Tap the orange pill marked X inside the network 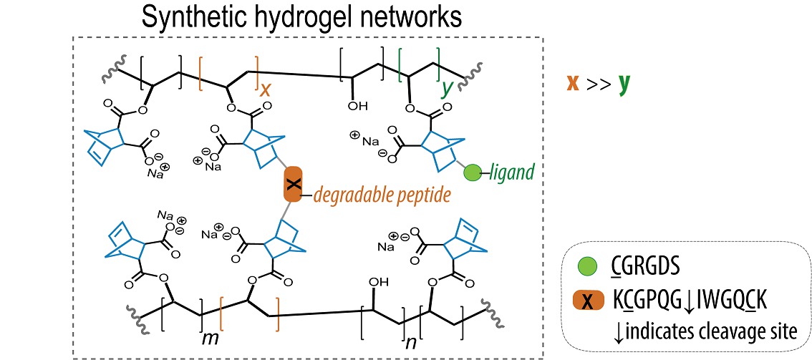[x=292, y=185]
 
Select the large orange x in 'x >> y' [x=573, y=82]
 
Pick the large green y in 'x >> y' [x=624, y=83]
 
